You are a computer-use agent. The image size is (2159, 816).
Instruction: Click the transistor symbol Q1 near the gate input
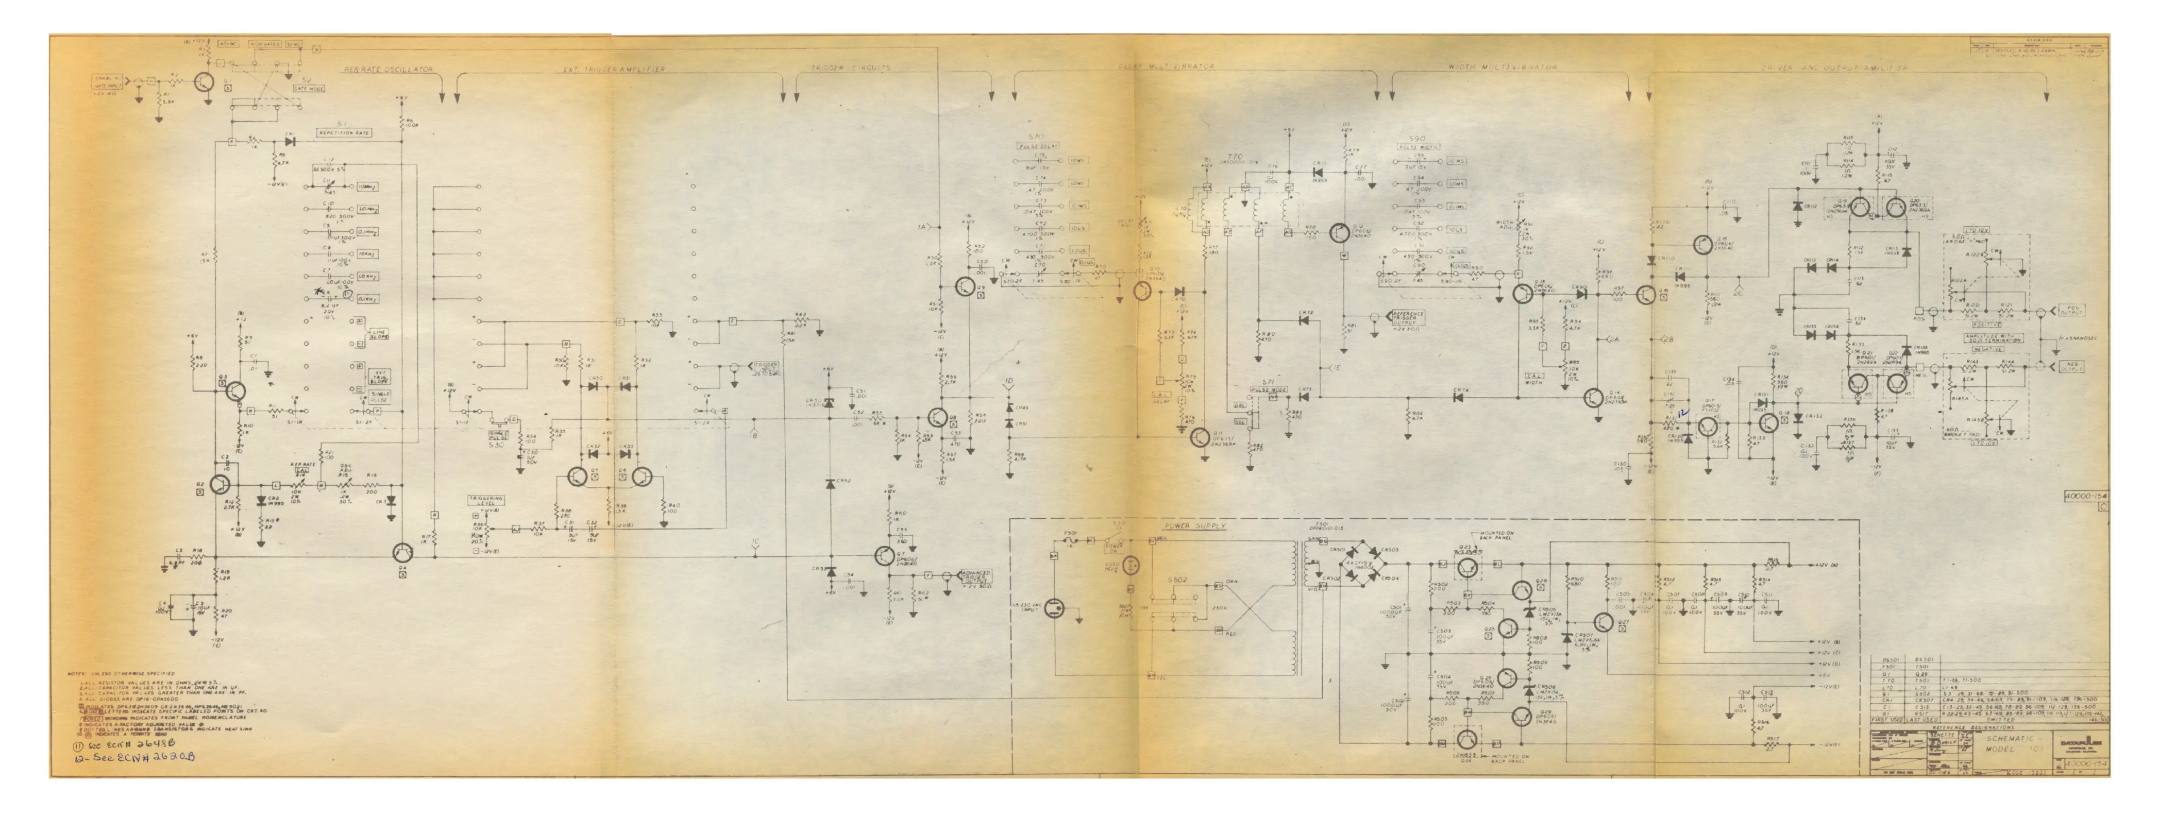(203, 82)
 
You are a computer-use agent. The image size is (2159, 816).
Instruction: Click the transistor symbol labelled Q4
(403, 552)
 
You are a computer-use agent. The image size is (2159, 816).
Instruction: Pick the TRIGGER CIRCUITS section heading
(850, 69)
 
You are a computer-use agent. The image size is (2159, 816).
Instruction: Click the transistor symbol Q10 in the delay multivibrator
(1141, 291)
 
